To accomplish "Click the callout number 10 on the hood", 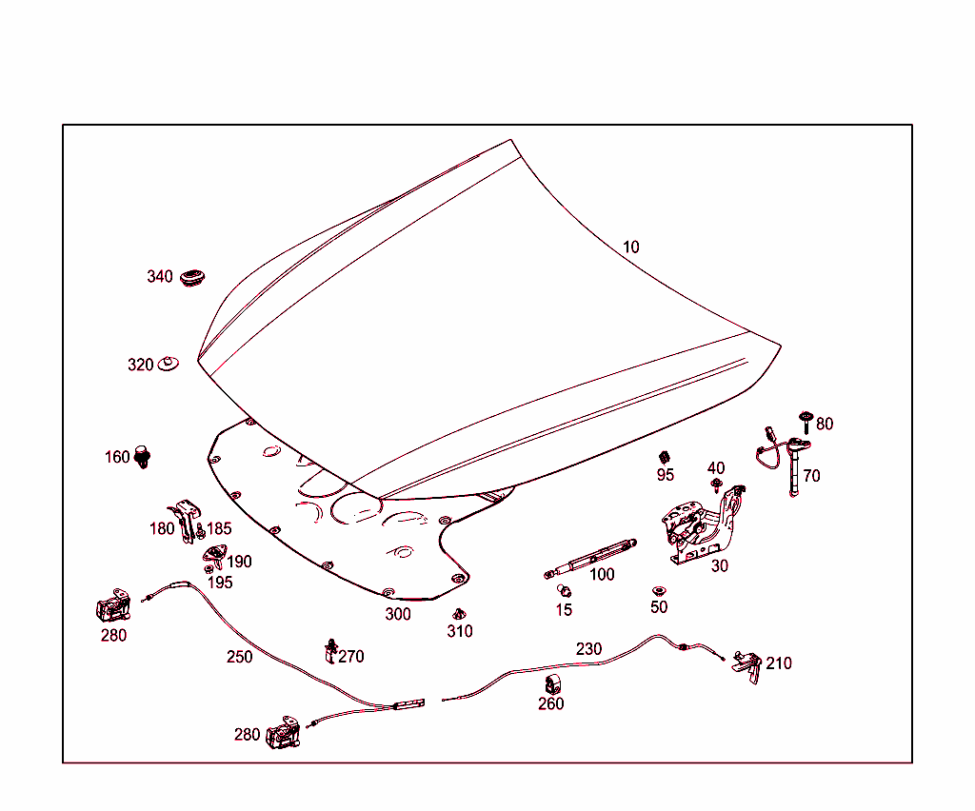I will [x=630, y=247].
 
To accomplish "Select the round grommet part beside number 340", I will [x=194, y=277].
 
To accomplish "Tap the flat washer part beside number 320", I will [x=169, y=364].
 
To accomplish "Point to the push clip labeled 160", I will [x=144, y=456].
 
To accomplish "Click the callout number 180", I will [x=162, y=528].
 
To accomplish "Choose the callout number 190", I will [x=239, y=562].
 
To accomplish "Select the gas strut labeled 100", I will [x=590, y=556].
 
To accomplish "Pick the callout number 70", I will [x=811, y=476].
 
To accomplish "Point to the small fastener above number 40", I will [x=715, y=485].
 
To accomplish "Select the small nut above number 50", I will [x=658, y=591].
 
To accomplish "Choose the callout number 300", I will [x=398, y=615].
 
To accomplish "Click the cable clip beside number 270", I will [x=330, y=650].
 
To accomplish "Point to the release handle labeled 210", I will [x=747, y=663].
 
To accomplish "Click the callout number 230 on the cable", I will [x=588, y=649].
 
